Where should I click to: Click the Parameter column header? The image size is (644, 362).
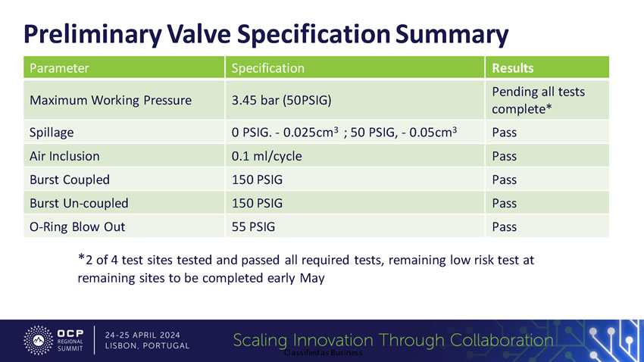tap(59, 68)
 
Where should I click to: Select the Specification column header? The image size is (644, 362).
tap(267, 68)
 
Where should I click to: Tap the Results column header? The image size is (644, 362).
tap(513, 68)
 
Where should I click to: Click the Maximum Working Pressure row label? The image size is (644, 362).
tap(110, 100)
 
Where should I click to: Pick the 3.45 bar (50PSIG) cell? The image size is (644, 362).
tap(283, 100)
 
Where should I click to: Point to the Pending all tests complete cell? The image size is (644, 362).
tap(538, 100)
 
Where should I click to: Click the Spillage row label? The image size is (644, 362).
tap(52, 133)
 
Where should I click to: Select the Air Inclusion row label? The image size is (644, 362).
tap(64, 156)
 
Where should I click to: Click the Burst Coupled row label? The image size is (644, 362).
tap(69, 179)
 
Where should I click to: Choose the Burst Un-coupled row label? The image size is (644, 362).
tap(79, 203)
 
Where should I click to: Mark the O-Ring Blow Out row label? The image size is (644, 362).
tap(77, 226)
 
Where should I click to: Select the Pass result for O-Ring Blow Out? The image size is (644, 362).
tap(504, 226)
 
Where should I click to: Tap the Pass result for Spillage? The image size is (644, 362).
tap(504, 133)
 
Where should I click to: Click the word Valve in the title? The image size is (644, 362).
tap(195, 34)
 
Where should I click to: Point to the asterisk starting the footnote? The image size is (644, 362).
tap(81, 258)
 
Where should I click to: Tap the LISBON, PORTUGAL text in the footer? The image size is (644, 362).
tap(148, 346)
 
